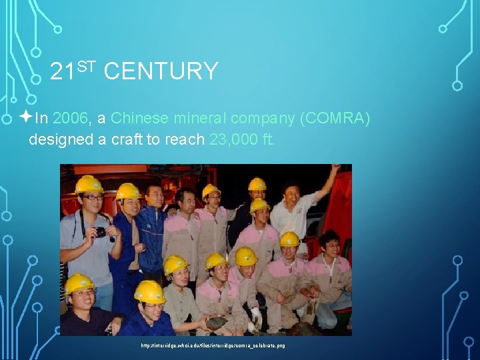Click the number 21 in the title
63,71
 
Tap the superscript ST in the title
87,65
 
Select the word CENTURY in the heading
161,71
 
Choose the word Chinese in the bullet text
140,119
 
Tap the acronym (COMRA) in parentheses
335,119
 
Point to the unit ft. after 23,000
267,141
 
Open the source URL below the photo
213,346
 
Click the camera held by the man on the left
99,232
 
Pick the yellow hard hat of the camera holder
89,184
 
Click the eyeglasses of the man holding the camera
92,198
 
